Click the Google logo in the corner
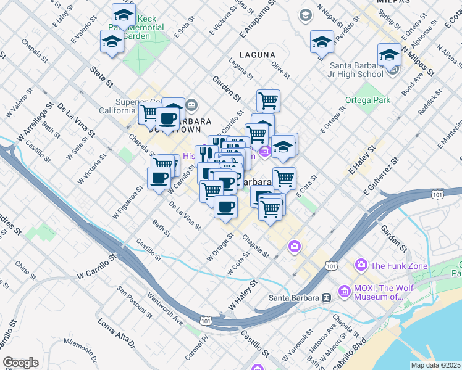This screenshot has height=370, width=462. (20, 363)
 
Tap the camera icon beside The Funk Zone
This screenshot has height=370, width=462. (361, 265)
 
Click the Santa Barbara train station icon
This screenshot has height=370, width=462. (325, 297)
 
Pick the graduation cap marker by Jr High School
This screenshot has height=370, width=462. (389, 55)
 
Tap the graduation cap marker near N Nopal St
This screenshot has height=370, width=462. (322, 42)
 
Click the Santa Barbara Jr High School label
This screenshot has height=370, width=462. (356, 70)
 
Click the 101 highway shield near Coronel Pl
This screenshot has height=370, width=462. (205, 321)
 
